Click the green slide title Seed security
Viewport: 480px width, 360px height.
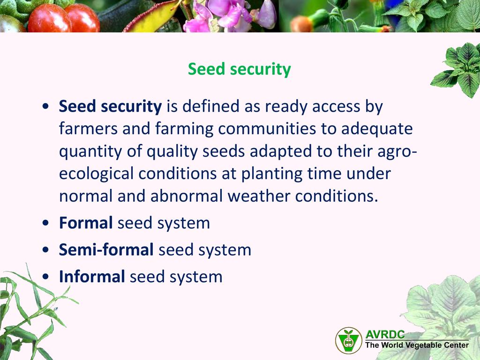click(239, 69)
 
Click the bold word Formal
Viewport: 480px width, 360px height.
click(86, 223)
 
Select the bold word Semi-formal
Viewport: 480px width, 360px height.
click(106, 249)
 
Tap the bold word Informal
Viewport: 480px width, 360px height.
click(92, 277)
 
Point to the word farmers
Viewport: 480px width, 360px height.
click(88, 128)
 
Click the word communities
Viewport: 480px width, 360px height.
click(267, 128)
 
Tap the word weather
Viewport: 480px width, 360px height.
click(259, 196)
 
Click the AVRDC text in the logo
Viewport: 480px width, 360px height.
click(385, 334)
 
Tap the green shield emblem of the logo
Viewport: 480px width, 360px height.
click(349, 341)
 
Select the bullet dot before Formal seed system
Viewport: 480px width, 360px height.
click(45, 223)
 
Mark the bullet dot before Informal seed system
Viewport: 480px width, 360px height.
click(45, 277)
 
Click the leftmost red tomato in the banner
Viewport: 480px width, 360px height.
click(49, 19)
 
